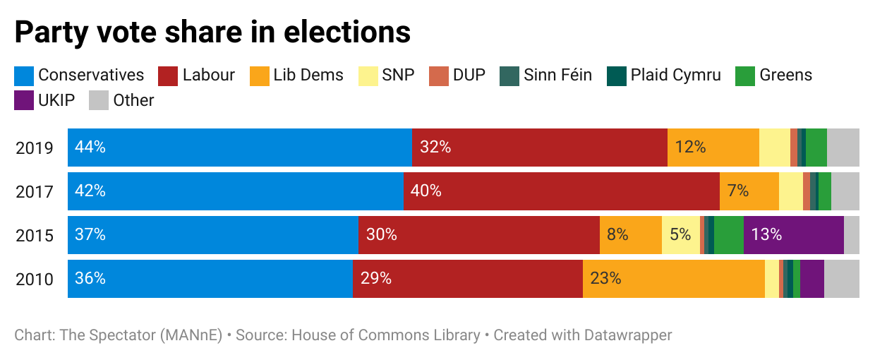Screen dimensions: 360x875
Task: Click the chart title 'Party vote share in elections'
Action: click(212, 32)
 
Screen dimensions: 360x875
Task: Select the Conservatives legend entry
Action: click(79, 75)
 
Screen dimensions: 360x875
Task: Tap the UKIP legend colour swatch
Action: click(24, 100)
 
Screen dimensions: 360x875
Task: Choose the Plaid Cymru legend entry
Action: click(664, 75)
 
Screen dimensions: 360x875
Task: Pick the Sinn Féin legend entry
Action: click(545, 75)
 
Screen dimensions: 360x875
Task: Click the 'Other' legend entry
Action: click(121, 100)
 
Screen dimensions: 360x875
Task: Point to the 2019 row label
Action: click(35, 148)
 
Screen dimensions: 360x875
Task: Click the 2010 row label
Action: click(35, 280)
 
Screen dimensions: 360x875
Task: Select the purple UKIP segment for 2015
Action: click(793, 235)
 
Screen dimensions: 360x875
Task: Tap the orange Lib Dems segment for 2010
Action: click(673, 279)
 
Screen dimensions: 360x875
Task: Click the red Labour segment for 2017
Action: click(561, 191)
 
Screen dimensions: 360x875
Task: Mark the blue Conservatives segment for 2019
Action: click(239, 148)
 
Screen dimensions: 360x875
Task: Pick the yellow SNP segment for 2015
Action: click(680, 235)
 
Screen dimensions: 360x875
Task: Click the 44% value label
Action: click(90, 148)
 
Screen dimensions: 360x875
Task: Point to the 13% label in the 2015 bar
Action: click(766, 235)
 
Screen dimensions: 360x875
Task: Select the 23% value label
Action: click(605, 279)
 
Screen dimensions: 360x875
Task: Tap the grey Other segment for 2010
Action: click(841, 279)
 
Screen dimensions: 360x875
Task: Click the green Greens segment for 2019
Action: click(816, 148)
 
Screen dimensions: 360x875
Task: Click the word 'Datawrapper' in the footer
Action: click(628, 335)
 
